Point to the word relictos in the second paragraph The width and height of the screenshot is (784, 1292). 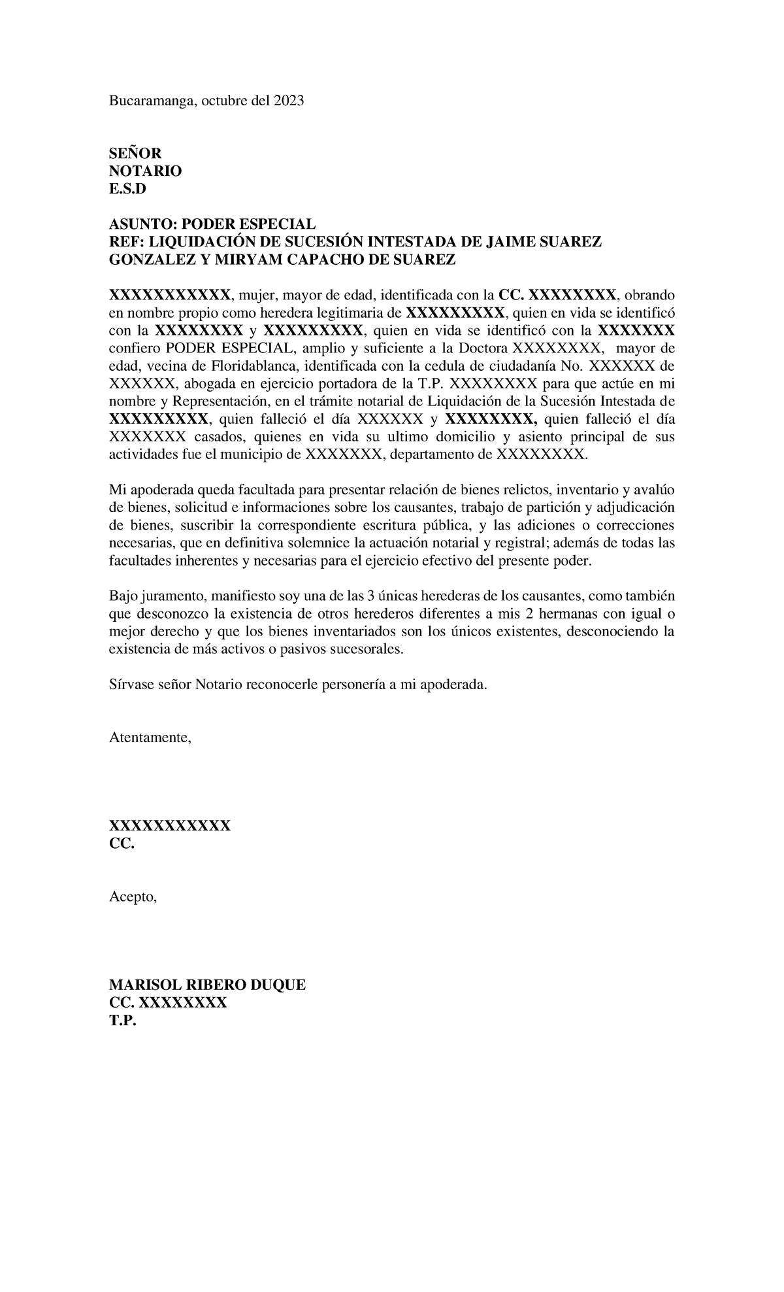[525, 490]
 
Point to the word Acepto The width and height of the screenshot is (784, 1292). [133, 897]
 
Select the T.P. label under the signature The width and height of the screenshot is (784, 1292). [123, 1021]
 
